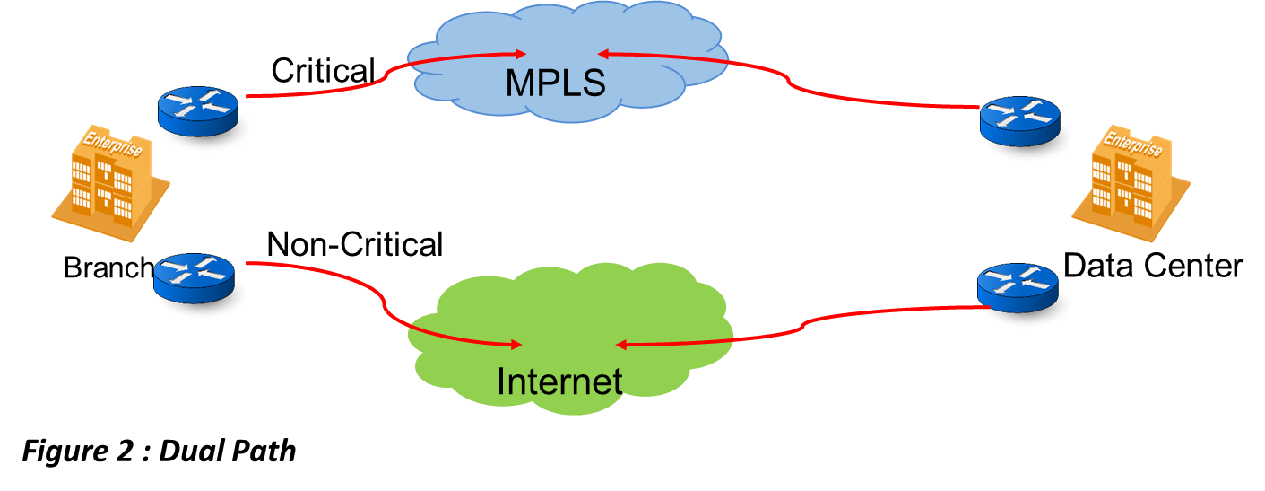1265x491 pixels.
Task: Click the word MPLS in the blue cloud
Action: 556,83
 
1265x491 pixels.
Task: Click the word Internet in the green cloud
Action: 559,381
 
